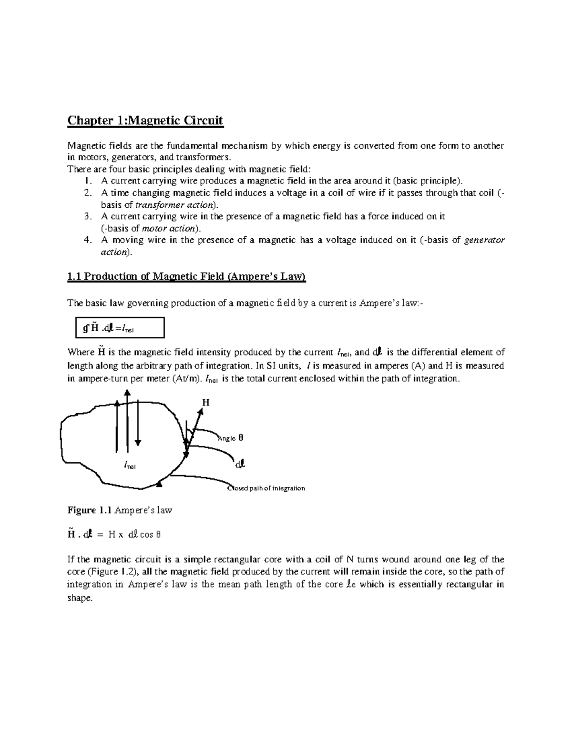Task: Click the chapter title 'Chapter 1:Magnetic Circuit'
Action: (145, 120)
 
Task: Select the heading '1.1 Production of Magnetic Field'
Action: (186, 277)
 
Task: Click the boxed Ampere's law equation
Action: (120, 328)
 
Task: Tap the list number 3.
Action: (87, 216)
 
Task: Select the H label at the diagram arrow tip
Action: (205, 403)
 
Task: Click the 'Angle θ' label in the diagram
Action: (231, 438)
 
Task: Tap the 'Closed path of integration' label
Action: (266, 488)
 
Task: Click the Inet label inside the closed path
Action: (130, 465)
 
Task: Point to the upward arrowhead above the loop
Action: (127, 393)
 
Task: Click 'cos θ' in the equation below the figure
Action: (152, 535)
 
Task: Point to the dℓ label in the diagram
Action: (240, 463)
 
